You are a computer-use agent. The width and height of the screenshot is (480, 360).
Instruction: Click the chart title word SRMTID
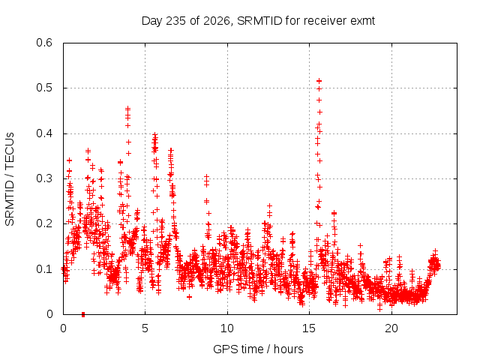tap(259, 21)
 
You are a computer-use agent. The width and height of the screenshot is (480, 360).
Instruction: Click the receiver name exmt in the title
tap(362, 21)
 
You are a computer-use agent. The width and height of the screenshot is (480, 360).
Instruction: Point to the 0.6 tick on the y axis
tap(44, 43)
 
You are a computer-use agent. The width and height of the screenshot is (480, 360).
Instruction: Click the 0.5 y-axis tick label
tap(44, 88)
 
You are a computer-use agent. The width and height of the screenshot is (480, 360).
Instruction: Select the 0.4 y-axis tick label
tap(44, 133)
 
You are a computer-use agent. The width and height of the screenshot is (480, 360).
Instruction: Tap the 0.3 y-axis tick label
tap(44, 178)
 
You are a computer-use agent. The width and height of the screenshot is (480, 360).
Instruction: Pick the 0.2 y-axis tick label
tap(44, 223)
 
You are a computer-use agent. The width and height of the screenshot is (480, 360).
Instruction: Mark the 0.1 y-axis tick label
tap(44, 269)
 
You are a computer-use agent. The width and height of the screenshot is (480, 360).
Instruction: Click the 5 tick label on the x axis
tap(145, 328)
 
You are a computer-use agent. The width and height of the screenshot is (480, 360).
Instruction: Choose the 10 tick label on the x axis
tap(227, 328)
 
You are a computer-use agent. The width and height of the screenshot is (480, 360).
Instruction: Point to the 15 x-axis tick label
tap(309, 328)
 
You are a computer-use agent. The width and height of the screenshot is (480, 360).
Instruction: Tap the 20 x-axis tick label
tap(391, 328)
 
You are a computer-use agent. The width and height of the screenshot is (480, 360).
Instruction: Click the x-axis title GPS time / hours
tap(258, 349)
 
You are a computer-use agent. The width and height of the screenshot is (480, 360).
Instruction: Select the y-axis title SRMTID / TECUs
tap(10, 179)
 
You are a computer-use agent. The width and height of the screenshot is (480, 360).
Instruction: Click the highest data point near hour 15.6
tap(319, 81)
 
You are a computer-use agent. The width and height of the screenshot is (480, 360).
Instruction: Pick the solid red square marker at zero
tap(83, 314)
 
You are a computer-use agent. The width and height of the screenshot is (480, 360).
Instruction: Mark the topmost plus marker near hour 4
tap(128, 108)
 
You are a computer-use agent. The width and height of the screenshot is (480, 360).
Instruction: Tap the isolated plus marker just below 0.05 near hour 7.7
tap(189, 297)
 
